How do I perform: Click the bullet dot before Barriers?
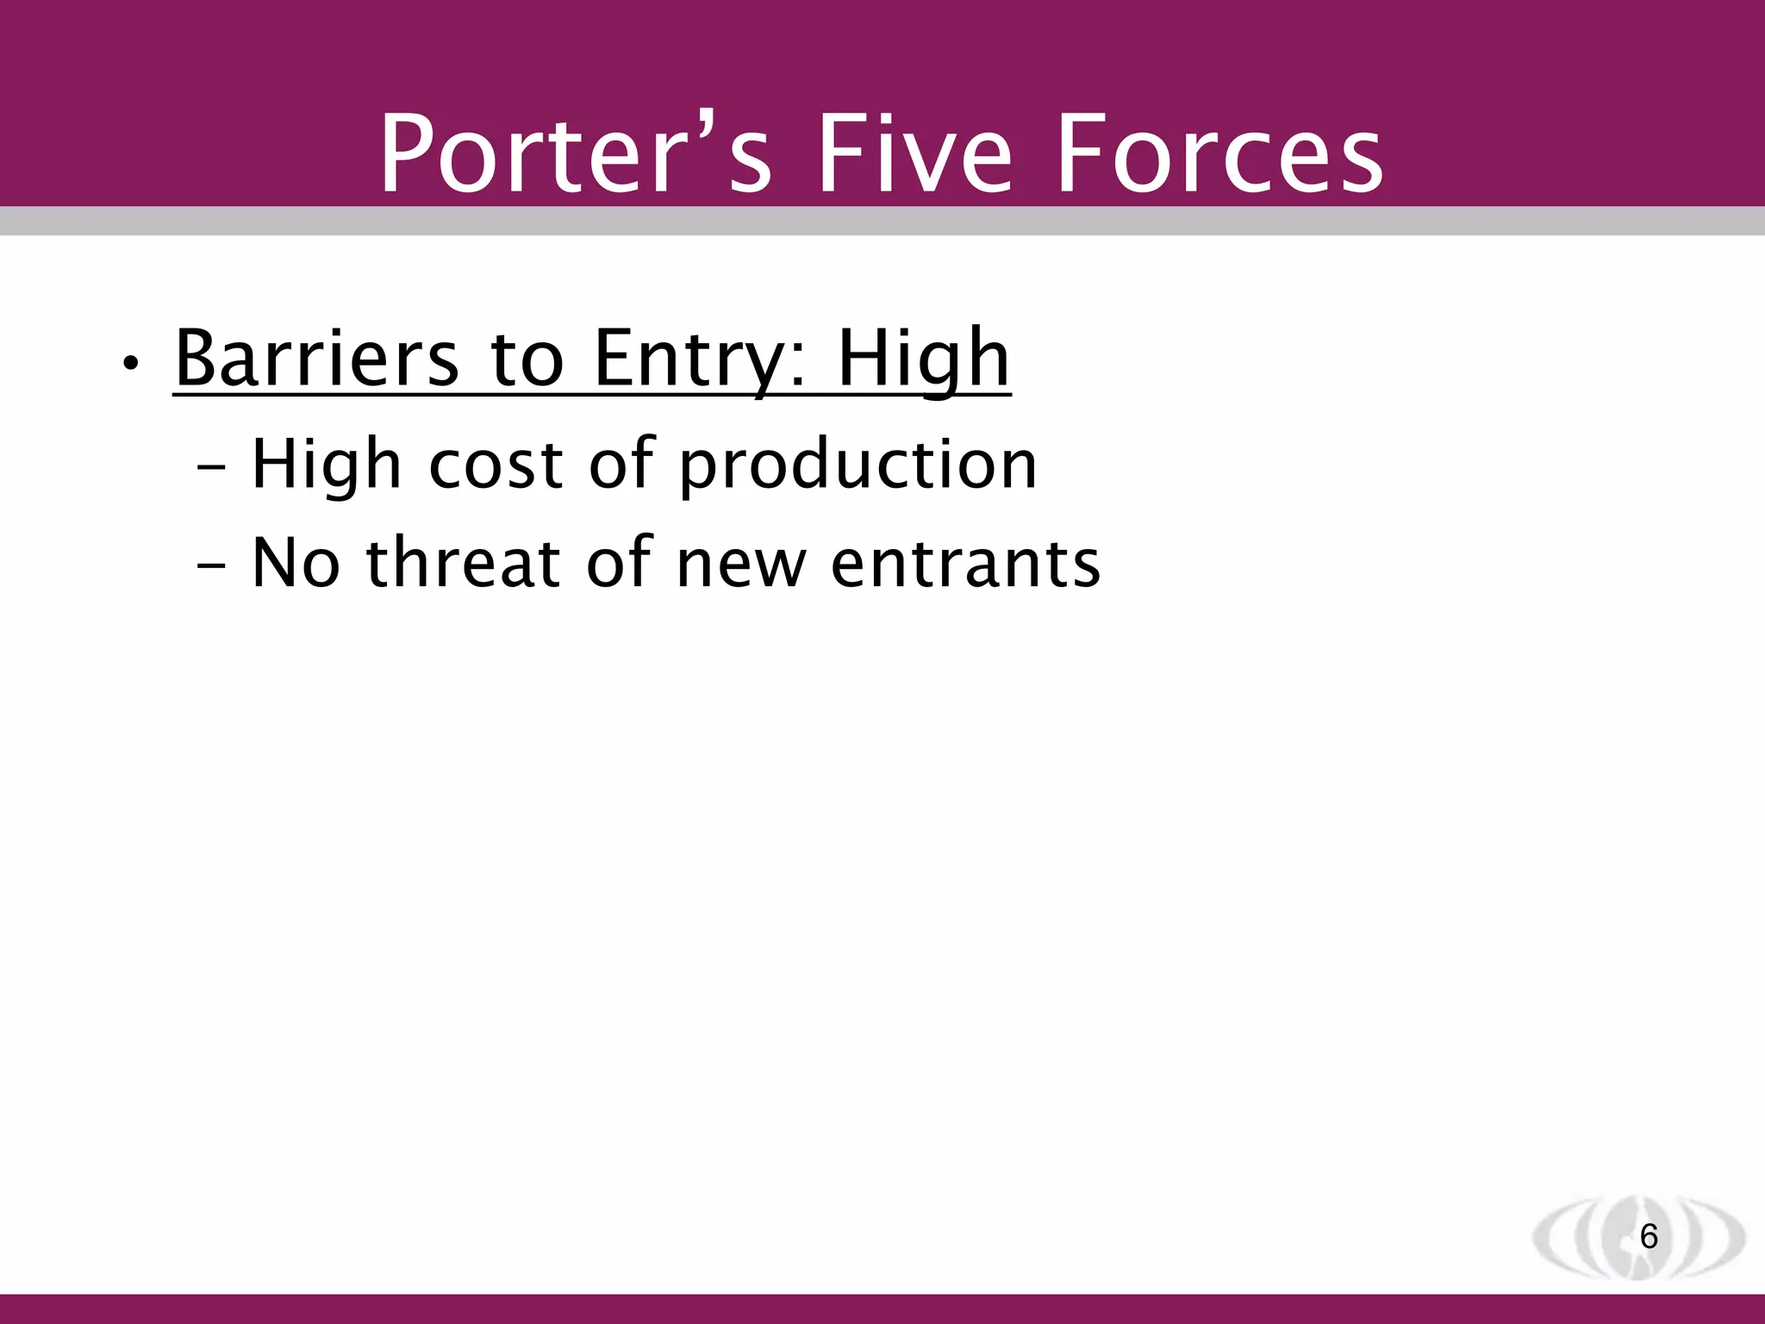[x=130, y=364]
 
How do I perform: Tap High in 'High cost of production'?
[x=327, y=466]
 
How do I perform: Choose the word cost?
[x=496, y=466]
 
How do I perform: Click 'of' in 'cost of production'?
[x=621, y=465]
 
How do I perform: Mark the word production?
[x=858, y=466]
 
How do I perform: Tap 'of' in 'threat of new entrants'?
[x=619, y=563]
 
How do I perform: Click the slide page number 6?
[x=1648, y=1237]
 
